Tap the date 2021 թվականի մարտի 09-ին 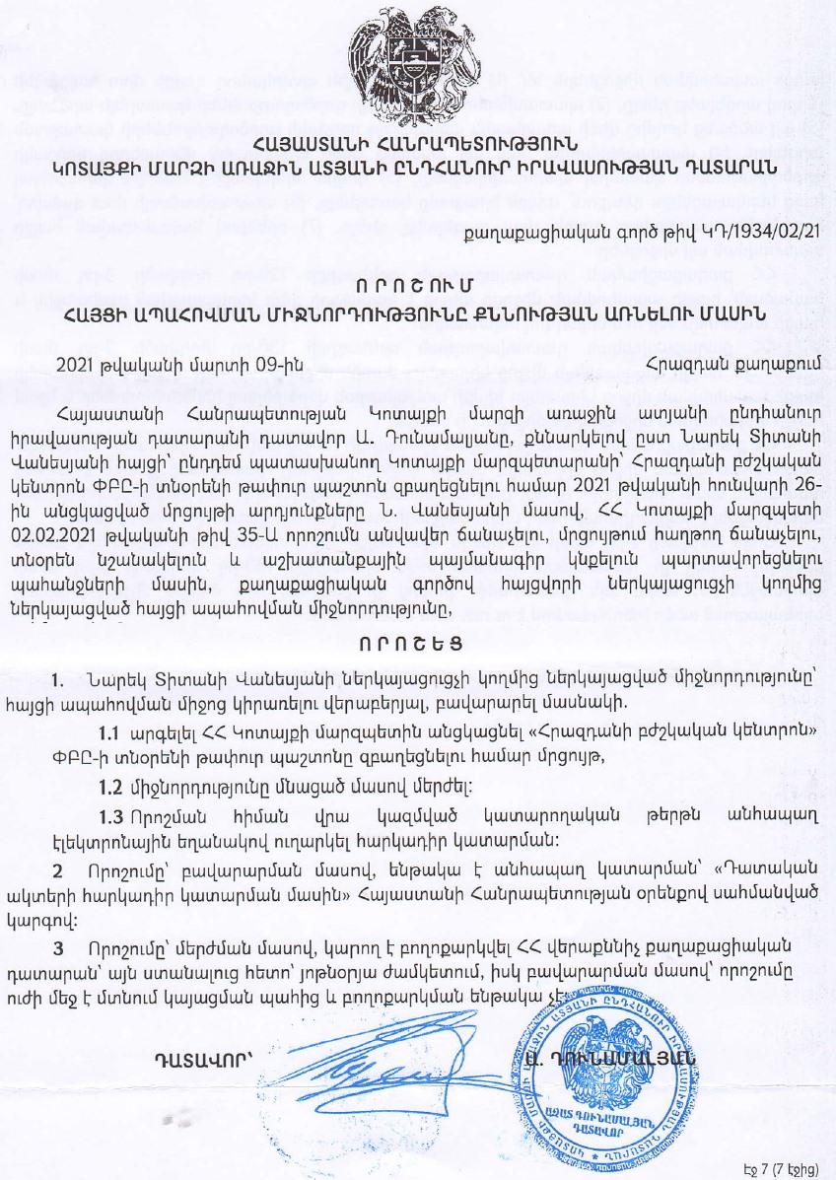(x=145, y=362)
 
